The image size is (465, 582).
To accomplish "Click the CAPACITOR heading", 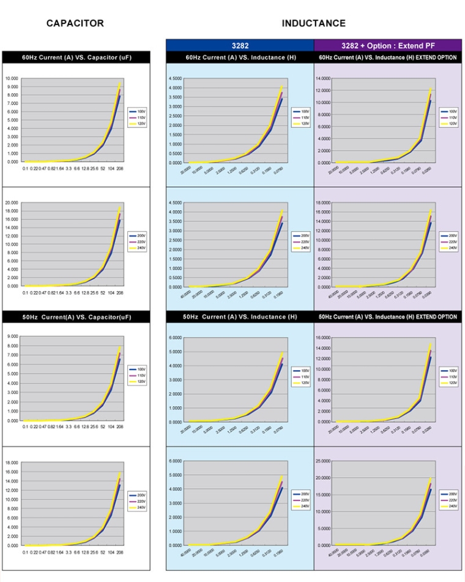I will point(75,23).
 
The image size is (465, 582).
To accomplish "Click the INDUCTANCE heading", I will point(313,23).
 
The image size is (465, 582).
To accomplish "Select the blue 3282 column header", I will point(239,45).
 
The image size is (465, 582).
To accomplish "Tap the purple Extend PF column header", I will point(388,45).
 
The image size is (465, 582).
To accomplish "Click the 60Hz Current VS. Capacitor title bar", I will point(76,58).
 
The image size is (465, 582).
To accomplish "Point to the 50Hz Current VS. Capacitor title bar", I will point(76,317).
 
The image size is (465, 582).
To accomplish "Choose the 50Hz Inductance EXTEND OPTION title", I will point(388,317).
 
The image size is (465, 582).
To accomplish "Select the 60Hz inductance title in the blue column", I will point(240,58).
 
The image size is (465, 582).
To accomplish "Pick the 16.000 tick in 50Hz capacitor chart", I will point(12,472).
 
